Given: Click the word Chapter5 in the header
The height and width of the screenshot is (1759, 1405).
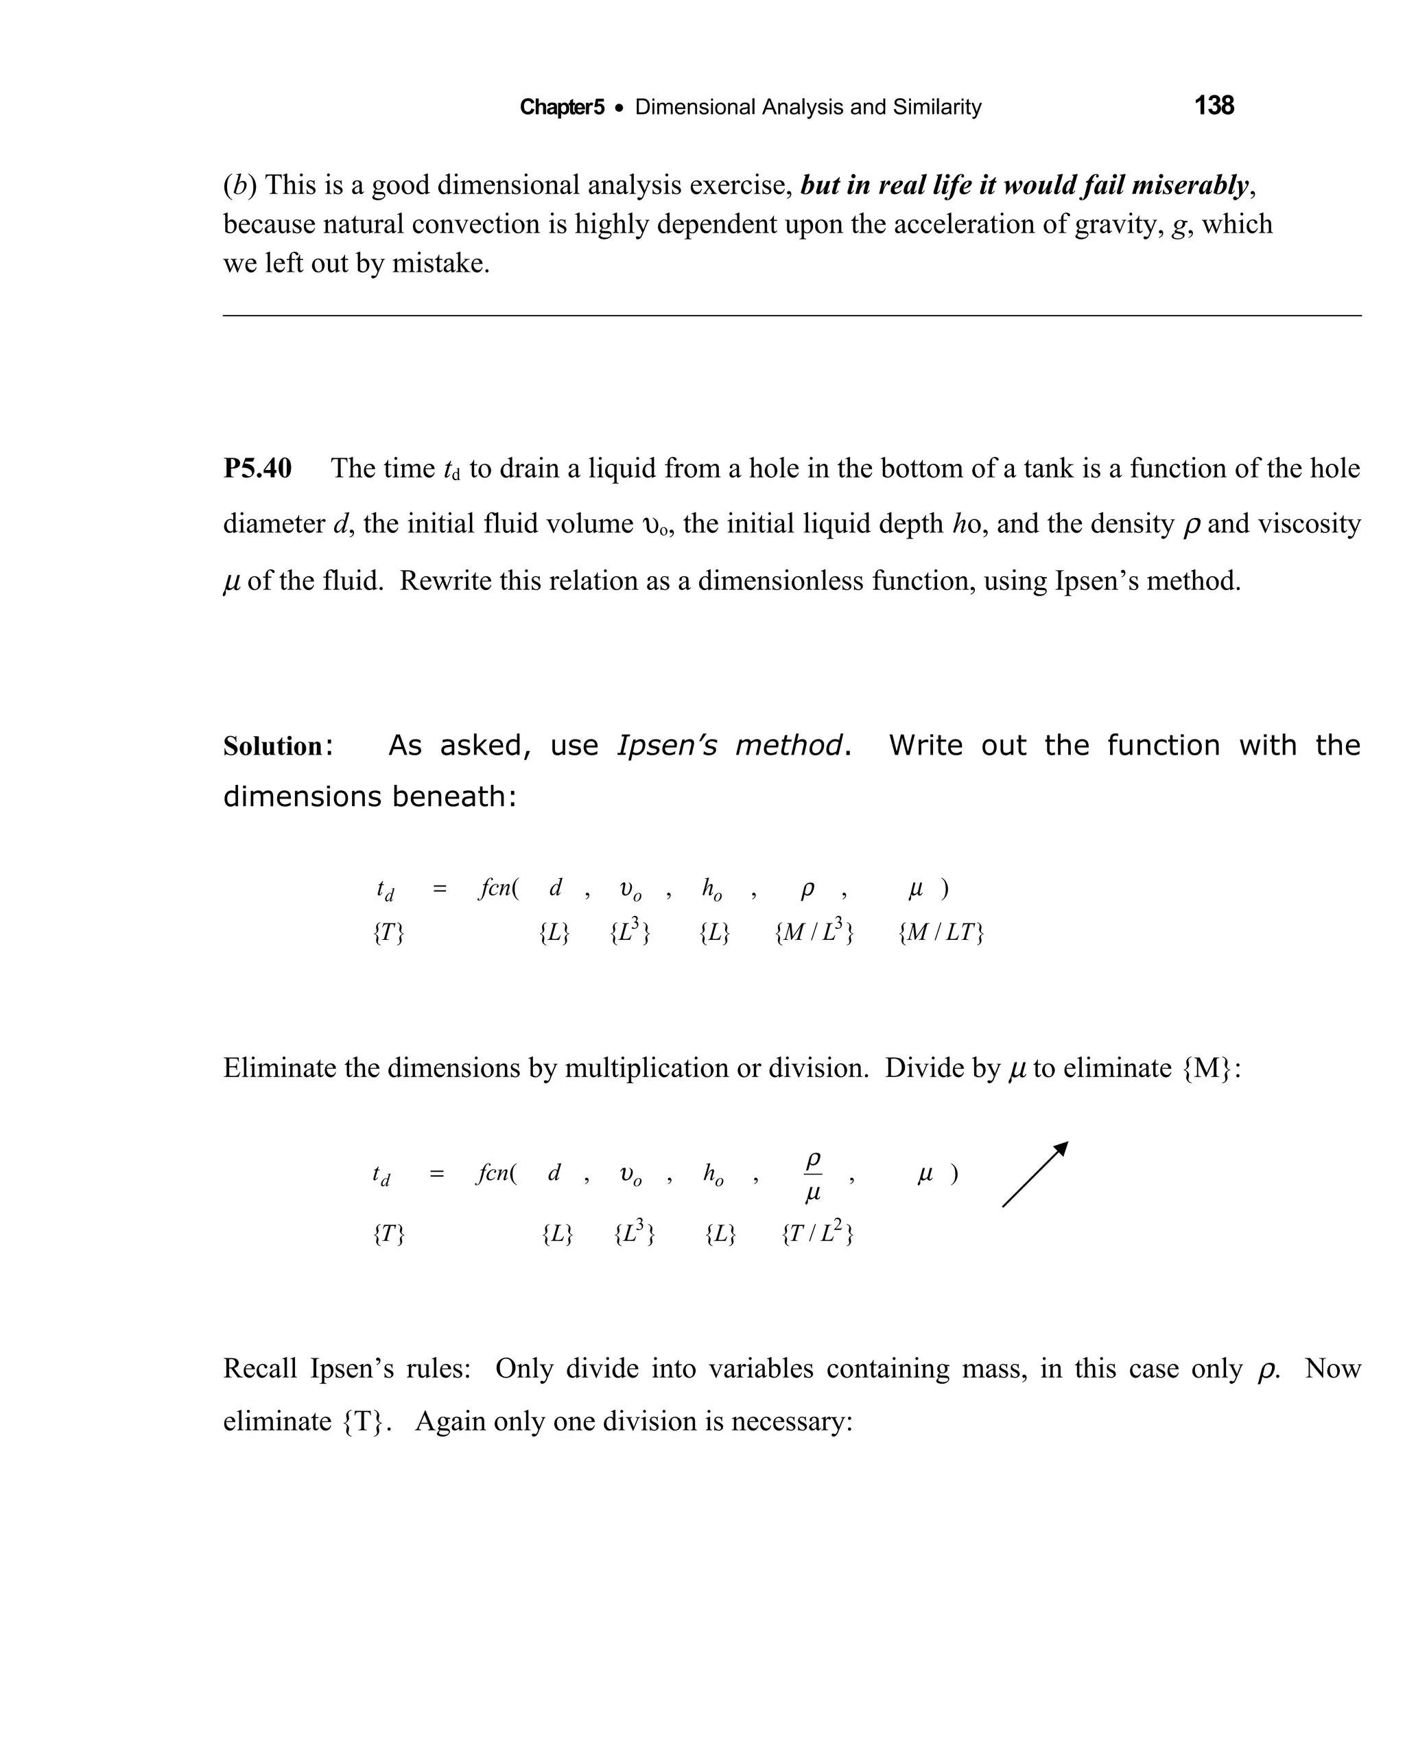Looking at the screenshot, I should pos(561,107).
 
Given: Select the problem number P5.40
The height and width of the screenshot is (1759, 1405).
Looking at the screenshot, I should pos(257,469).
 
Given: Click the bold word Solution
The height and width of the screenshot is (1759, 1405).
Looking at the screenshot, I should pos(273,746).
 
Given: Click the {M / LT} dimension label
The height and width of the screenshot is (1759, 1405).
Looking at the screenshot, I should pos(941,932).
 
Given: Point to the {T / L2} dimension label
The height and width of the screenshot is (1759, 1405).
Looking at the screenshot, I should pos(817,1233).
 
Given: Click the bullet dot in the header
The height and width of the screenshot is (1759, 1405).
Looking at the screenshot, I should pos(619,108).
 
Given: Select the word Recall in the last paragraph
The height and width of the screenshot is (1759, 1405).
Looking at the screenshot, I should pos(260,1368).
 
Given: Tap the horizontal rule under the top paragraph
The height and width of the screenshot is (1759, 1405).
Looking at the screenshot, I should pos(792,316).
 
